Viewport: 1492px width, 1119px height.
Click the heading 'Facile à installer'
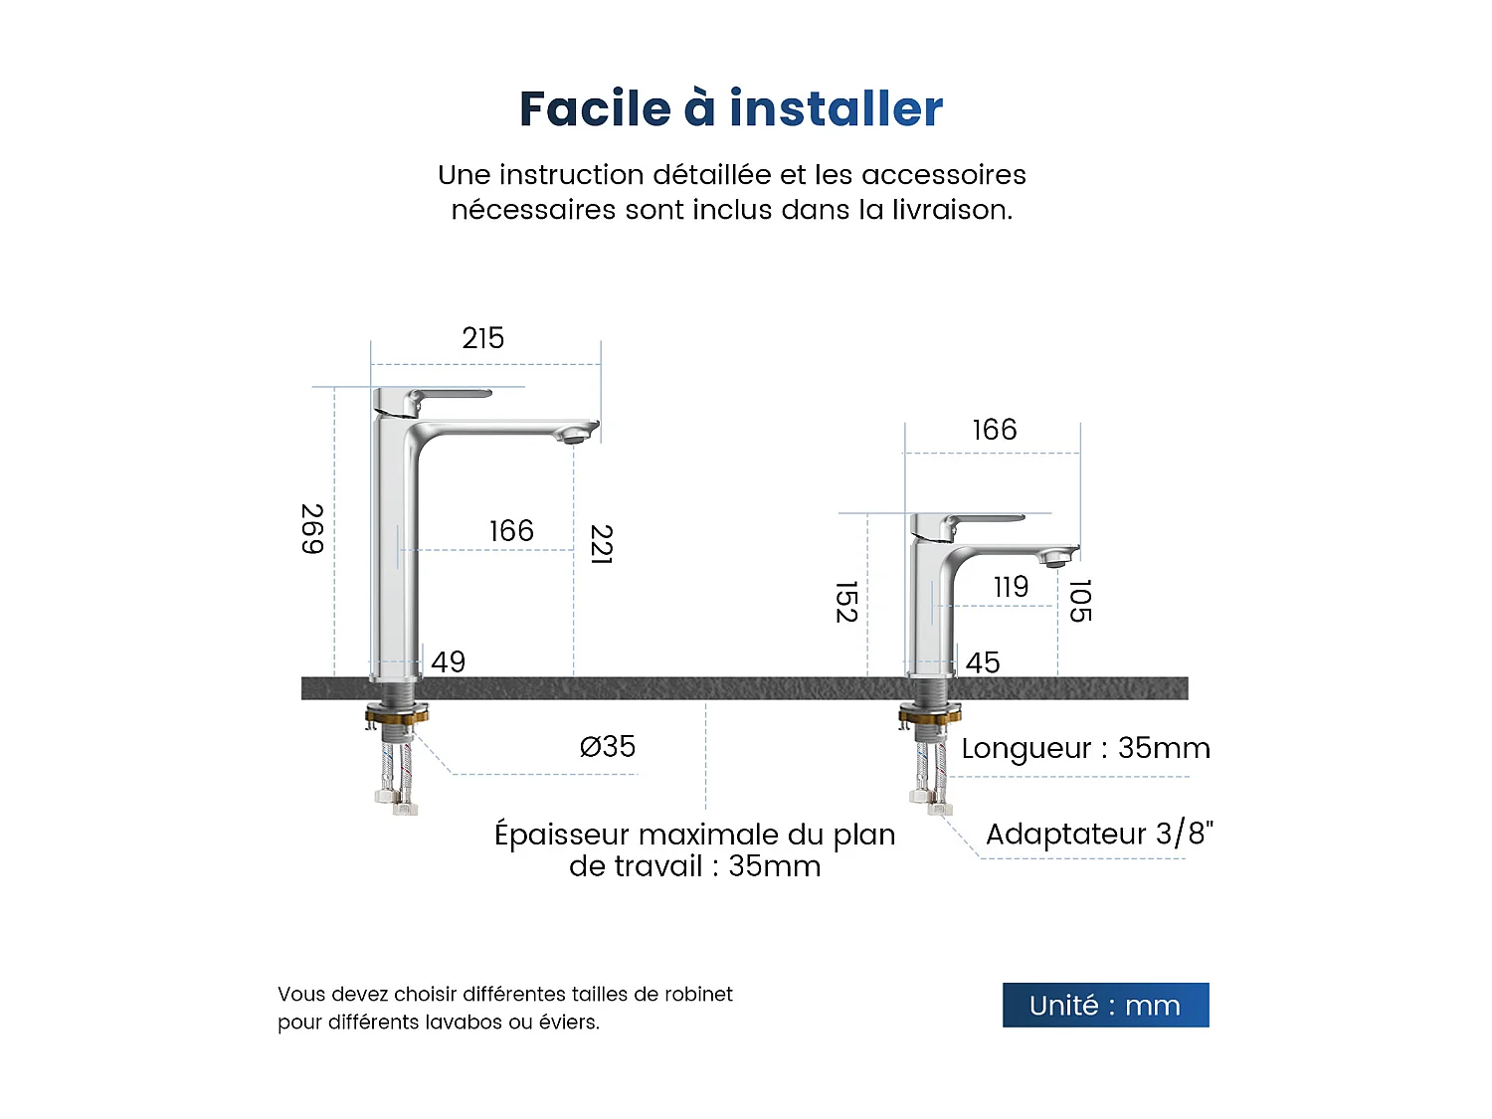[x=731, y=108]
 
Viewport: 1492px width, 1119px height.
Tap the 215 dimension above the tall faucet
[x=483, y=338]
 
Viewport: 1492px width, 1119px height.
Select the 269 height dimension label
[x=312, y=529]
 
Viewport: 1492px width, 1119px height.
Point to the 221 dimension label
[x=601, y=544]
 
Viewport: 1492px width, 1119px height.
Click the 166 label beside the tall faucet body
[x=511, y=531]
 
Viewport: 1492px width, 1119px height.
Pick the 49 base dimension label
[x=448, y=661]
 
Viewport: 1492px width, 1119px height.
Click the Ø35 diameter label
[x=607, y=746]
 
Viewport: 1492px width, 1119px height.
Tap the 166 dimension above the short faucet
[x=994, y=430]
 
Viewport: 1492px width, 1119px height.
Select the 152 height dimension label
[x=846, y=602]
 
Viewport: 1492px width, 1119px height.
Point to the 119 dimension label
[x=1011, y=587]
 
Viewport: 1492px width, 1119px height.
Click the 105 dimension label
[x=1080, y=601]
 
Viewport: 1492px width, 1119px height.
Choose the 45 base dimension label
[x=983, y=662]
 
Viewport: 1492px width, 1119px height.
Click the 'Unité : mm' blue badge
[x=1105, y=1005]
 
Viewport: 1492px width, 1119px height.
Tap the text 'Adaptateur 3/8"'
[x=1099, y=834]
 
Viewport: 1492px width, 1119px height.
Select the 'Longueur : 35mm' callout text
[x=1085, y=748]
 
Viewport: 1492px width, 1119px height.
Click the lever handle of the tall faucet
[x=448, y=395]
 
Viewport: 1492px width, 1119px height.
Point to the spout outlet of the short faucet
[x=1056, y=561]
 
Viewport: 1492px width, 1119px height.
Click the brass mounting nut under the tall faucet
[x=397, y=713]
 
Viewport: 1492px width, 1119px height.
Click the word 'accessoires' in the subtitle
[x=943, y=175]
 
